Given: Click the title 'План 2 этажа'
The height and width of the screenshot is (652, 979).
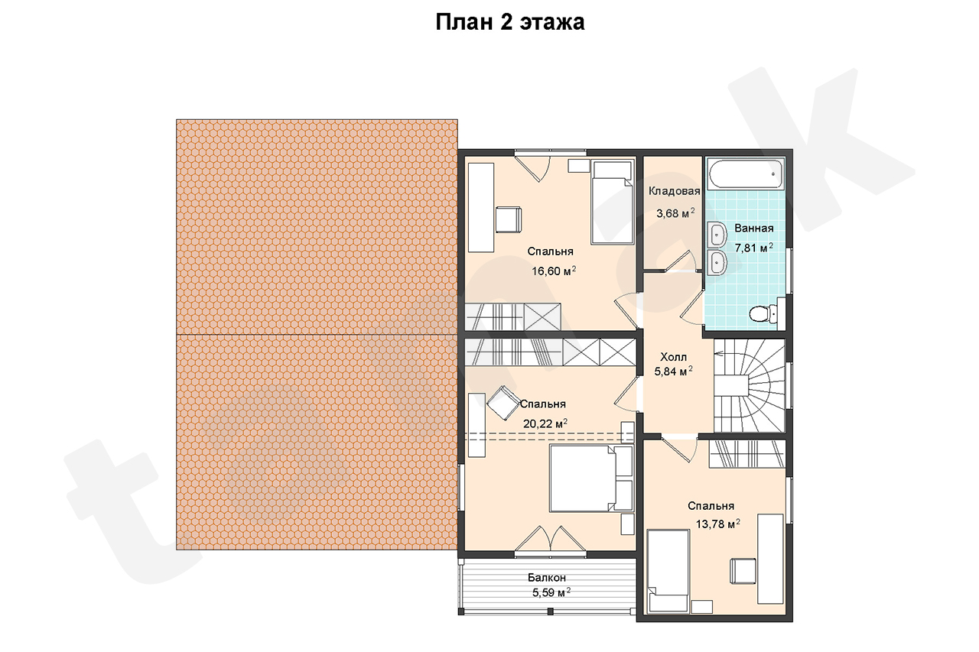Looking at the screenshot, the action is click(x=509, y=22).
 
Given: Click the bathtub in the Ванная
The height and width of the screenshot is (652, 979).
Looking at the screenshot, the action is click(x=746, y=174).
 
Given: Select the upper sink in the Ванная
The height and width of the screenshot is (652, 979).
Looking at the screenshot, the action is click(x=717, y=235).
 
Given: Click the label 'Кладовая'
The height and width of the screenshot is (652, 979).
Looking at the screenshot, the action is click(x=675, y=191).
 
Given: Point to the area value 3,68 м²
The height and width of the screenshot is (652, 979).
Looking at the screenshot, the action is click(x=675, y=213).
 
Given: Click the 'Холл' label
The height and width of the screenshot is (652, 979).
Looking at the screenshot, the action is click(x=673, y=357).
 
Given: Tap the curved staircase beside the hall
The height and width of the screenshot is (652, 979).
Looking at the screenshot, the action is click(x=749, y=386).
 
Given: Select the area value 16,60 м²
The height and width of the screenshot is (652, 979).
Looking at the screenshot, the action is click(x=553, y=271).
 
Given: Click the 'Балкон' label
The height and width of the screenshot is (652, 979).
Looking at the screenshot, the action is click(x=547, y=577).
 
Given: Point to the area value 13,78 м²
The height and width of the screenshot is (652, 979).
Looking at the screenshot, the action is click(x=717, y=524).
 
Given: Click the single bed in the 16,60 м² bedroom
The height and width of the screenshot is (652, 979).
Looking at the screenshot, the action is click(x=613, y=201).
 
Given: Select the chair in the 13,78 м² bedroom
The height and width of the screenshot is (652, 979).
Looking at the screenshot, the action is click(x=743, y=571).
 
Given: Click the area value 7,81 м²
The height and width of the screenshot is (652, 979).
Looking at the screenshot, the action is click(x=754, y=248).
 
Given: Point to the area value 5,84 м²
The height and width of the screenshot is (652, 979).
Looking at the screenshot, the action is click(x=673, y=371).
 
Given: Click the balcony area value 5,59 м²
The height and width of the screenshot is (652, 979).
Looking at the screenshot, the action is click(x=551, y=592).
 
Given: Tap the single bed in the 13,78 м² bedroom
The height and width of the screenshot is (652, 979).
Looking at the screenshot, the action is click(x=668, y=570).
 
